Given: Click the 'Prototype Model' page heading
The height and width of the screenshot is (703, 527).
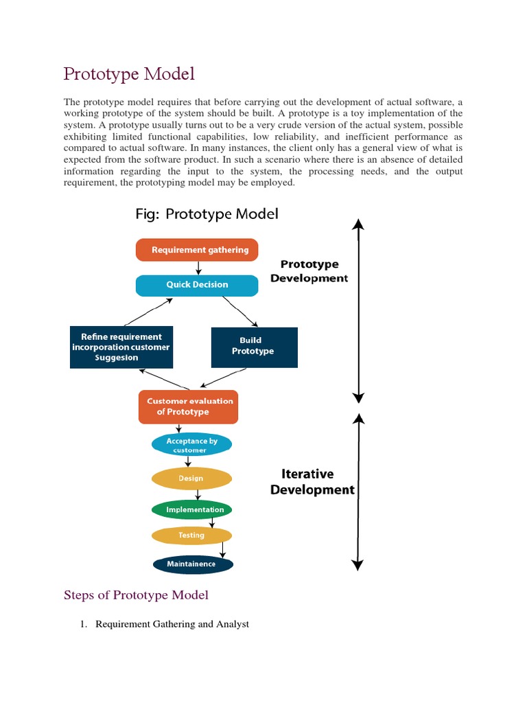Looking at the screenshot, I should point(129,73).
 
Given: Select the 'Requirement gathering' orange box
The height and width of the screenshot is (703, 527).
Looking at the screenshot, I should point(197,250).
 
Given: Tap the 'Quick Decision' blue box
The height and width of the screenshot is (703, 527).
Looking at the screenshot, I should point(197,285).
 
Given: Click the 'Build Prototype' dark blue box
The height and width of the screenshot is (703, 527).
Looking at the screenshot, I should point(254,346).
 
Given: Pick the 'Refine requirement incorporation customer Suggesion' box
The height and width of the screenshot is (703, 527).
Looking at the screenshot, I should point(121,347).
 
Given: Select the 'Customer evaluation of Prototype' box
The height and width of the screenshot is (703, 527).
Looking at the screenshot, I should point(188,406).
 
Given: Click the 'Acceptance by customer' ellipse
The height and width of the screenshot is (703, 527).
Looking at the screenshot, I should point(191,446).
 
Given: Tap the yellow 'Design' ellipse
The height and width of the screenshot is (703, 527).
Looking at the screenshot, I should point(191,478).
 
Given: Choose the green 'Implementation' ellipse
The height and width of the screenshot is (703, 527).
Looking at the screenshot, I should point(191,509).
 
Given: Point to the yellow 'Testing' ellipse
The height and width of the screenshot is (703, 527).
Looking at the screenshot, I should point(191,535).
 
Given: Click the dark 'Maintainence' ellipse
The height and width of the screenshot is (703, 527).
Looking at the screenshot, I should point(192,564).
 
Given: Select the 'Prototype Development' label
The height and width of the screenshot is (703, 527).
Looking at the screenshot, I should point(309,271).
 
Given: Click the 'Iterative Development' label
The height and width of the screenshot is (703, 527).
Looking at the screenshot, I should point(312,482).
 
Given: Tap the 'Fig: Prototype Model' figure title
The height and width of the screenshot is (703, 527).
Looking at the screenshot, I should point(206,214).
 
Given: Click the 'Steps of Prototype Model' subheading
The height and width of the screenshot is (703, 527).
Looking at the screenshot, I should point(136,595).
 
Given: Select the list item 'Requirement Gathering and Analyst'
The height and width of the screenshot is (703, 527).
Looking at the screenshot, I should point(172,624).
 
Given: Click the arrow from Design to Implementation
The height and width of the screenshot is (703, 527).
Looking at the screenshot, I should point(198,494).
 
